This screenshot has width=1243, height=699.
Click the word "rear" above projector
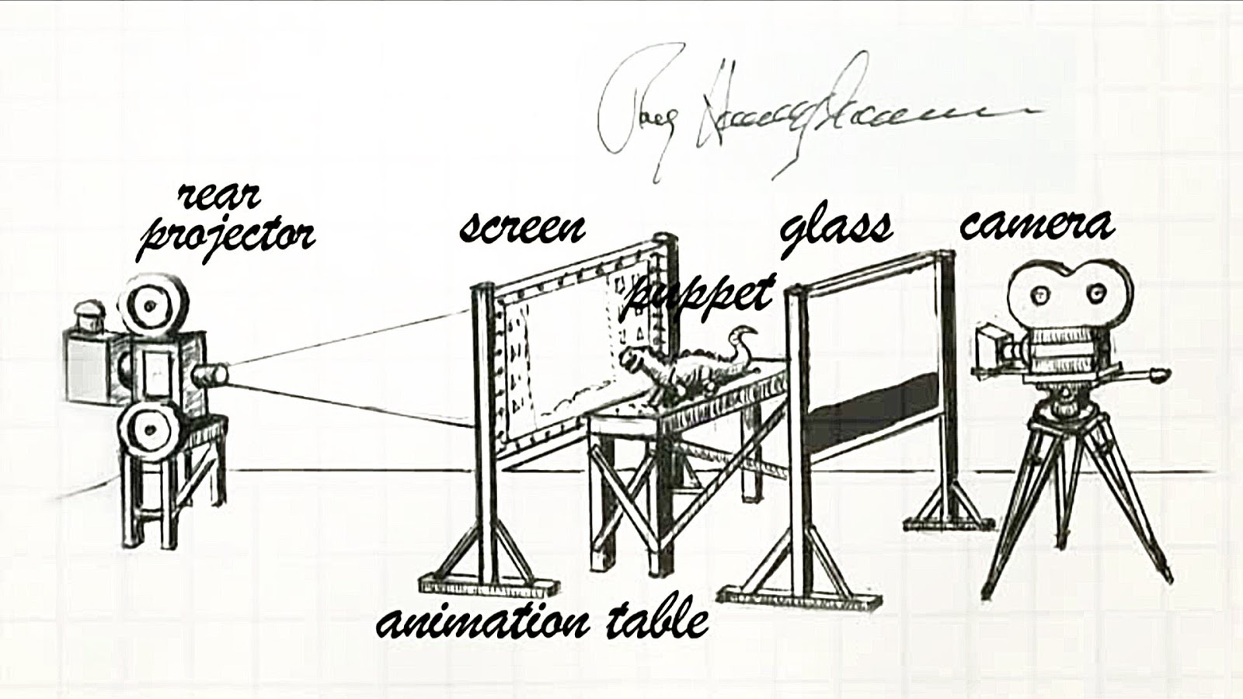click(x=219, y=197)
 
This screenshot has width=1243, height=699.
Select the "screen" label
click(x=522, y=226)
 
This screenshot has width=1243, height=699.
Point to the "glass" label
click(x=835, y=226)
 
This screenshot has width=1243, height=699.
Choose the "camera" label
click(x=1037, y=224)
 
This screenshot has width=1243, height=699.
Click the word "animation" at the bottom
click(x=482, y=621)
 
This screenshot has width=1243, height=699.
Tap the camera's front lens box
click(x=991, y=342)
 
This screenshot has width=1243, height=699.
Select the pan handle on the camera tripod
click(x=1142, y=377)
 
